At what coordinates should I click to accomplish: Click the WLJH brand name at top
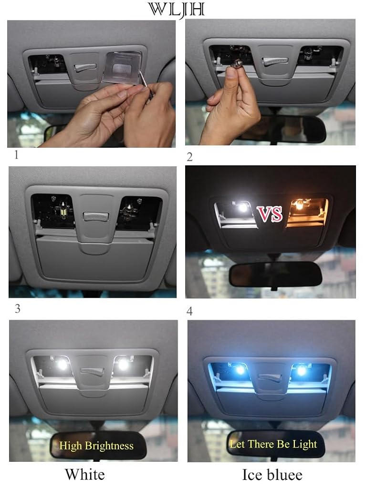pos(177,10)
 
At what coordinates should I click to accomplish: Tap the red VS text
pos(270,214)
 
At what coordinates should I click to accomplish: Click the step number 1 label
pos(16,155)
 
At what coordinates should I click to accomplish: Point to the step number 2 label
pos(189,157)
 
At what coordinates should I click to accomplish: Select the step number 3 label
pos(18,308)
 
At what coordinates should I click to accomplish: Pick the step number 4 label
pos(189,311)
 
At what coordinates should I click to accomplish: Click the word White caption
pos(85,474)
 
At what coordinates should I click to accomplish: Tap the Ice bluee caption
pos(272,475)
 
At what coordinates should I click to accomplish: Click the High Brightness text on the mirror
pos(96,446)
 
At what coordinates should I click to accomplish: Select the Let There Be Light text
pos(273,444)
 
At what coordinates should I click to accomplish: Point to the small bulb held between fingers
pos(234,63)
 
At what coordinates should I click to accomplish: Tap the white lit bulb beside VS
pos(242,207)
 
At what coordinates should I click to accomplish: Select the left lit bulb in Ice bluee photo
pos(240,369)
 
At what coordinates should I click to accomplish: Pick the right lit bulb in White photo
pos(123,365)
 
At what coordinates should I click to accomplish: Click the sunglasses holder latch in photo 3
pos(96,217)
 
